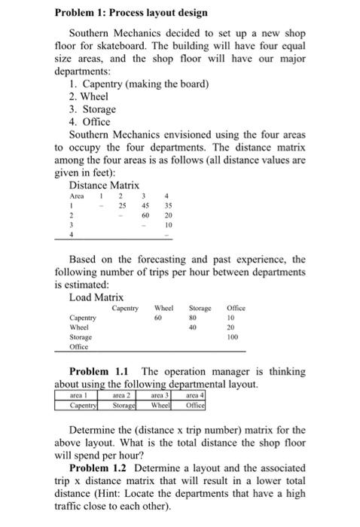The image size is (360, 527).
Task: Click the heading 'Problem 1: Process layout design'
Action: pos(130,14)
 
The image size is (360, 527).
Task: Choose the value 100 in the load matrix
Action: pos(233,338)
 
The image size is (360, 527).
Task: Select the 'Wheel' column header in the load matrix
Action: pos(163,308)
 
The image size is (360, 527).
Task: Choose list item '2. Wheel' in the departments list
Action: pos(88,96)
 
